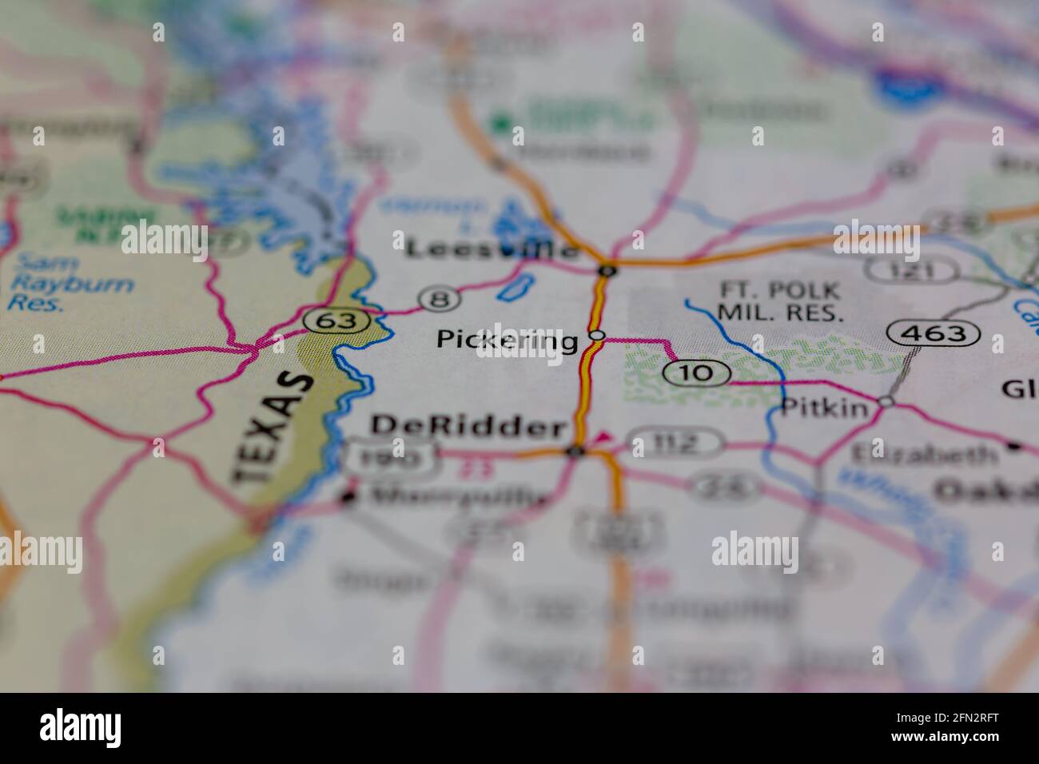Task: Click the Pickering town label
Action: tap(507, 341)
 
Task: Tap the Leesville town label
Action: tap(492, 249)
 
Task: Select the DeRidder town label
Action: tap(468, 427)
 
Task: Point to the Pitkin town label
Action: tap(824, 408)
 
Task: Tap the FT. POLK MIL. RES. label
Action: tap(779, 301)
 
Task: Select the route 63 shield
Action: tap(336, 321)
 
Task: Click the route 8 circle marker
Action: tap(440, 299)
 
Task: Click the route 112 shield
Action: tap(674, 442)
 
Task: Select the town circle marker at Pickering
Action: tap(597, 336)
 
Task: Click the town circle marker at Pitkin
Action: tap(886, 401)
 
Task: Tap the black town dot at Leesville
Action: tap(608, 270)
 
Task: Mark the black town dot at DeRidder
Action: tap(575, 452)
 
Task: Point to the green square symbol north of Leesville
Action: tap(502, 123)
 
